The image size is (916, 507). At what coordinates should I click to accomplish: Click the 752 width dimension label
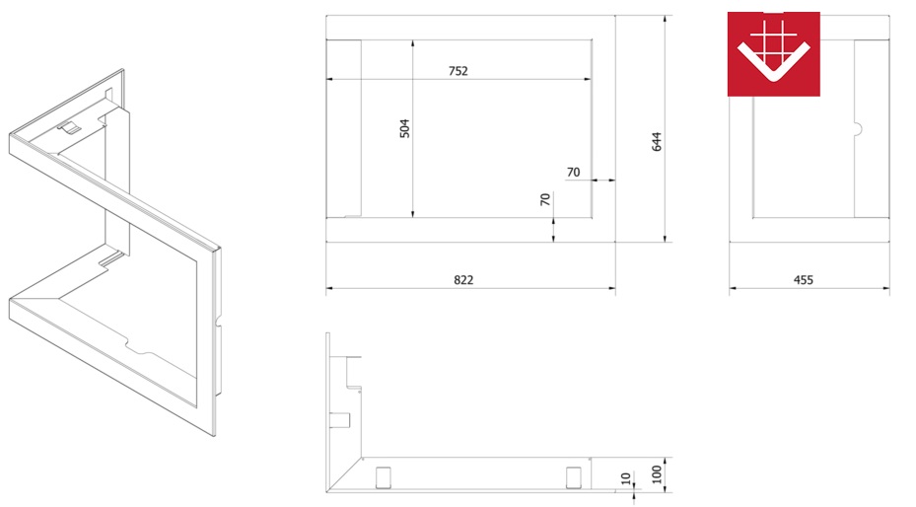(x=458, y=71)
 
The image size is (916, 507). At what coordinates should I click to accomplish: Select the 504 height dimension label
(x=404, y=128)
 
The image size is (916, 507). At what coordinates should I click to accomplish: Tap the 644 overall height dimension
(x=657, y=142)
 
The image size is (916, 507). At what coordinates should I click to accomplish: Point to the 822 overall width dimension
(x=463, y=280)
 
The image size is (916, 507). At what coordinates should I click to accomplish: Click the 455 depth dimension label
(x=804, y=280)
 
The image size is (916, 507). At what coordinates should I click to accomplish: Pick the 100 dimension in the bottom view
(x=657, y=474)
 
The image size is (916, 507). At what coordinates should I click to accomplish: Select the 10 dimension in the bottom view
(x=626, y=479)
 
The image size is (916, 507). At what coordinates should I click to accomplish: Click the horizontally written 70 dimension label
(x=573, y=173)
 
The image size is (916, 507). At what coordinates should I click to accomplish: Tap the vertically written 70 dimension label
(x=545, y=200)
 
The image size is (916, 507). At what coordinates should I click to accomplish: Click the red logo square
(x=773, y=53)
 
